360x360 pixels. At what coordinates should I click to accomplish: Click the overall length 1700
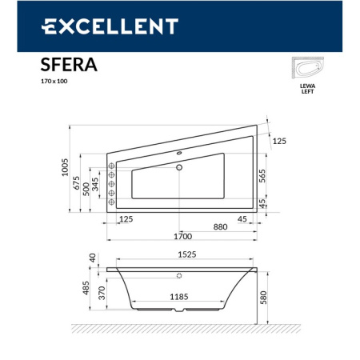coord(183,238)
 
